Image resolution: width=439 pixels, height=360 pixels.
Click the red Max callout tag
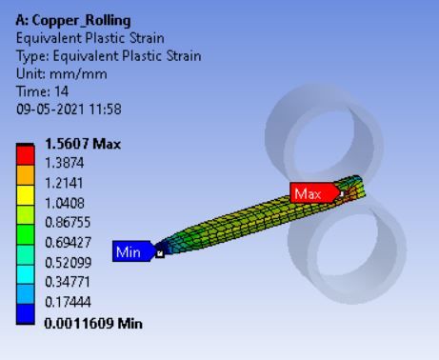pyautogui.click(x=310, y=193)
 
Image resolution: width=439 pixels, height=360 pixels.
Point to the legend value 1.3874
pyautogui.click(x=66, y=164)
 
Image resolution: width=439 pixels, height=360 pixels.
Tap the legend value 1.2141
pyautogui.click(x=66, y=184)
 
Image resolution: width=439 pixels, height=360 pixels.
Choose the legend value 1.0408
pyautogui.click(x=66, y=204)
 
